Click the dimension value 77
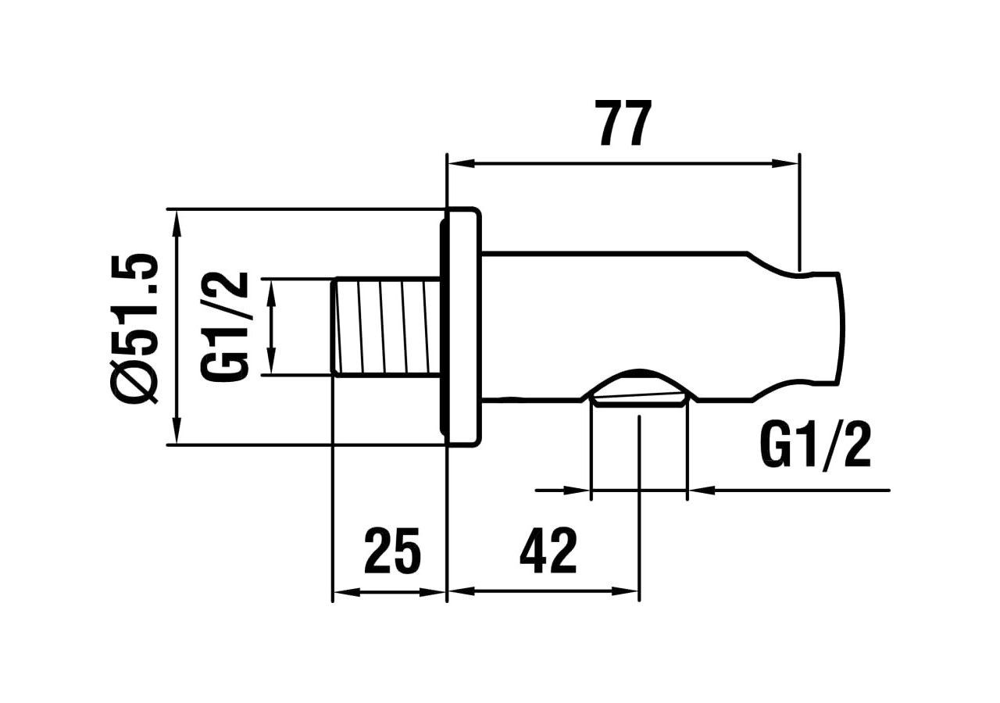click(x=623, y=123)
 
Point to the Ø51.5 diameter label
click(x=137, y=327)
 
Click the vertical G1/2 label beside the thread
click(x=225, y=327)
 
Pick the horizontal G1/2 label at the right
click(x=815, y=447)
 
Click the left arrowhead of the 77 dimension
click(x=462, y=164)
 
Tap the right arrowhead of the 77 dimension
click(x=785, y=164)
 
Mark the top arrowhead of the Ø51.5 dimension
click(x=177, y=223)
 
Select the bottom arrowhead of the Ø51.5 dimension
click(x=177, y=431)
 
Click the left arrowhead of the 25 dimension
click(x=346, y=592)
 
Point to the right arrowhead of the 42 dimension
click(x=625, y=592)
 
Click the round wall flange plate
click(x=461, y=327)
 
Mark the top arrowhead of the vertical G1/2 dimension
click(x=271, y=291)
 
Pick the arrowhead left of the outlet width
click(x=577, y=491)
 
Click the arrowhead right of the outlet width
click(x=701, y=491)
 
